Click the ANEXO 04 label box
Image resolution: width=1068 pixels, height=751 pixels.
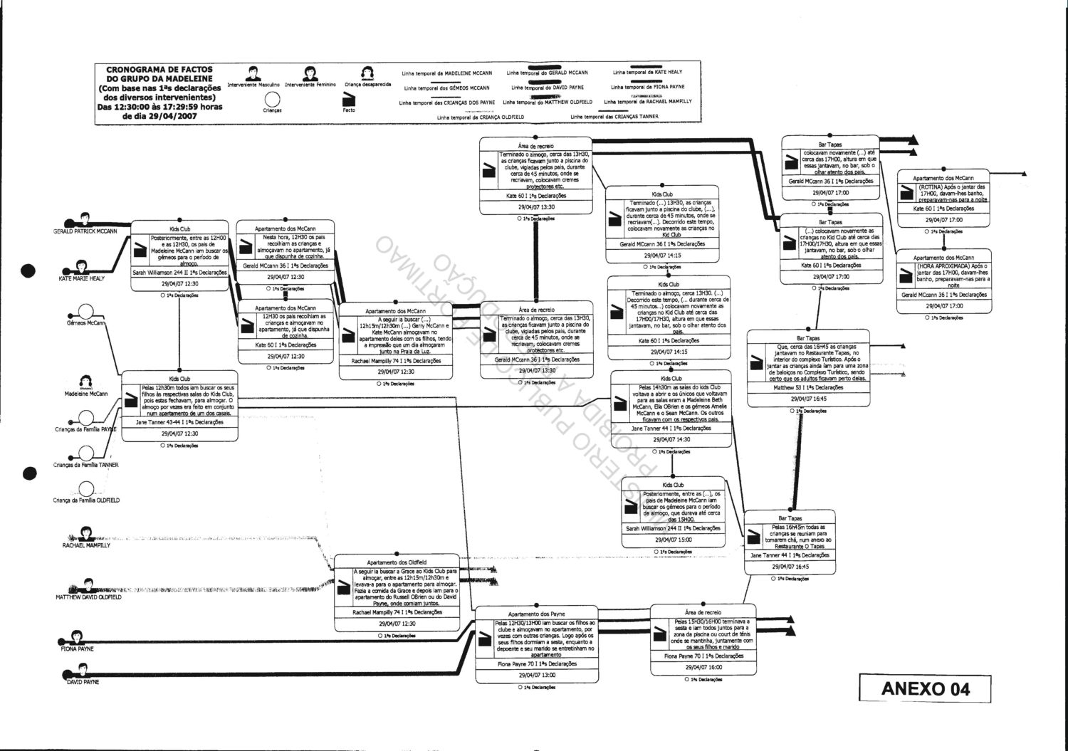point(925,688)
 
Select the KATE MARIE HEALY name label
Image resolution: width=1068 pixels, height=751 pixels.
point(81,278)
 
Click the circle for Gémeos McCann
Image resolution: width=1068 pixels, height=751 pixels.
point(86,312)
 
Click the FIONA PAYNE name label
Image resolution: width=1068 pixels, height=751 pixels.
point(76,649)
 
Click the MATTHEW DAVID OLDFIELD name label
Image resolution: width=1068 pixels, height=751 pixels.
point(88,597)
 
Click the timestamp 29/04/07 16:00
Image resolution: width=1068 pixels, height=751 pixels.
point(703,667)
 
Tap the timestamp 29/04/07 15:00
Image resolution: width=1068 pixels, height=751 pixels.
point(673,540)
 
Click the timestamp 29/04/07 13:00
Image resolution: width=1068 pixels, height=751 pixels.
point(537,675)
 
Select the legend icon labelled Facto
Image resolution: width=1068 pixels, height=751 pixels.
point(349,100)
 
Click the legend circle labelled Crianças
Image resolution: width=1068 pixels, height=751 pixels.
point(272,100)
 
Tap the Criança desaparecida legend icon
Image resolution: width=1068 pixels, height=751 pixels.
point(367,73)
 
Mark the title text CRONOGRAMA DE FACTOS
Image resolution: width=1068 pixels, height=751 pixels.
point(159,70)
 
